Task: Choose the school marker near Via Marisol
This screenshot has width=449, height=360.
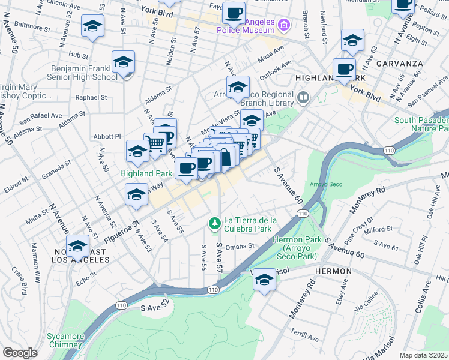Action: (264, 280)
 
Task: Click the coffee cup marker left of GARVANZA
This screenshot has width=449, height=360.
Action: (345, 69)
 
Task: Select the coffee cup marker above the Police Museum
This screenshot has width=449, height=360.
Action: (234, 12)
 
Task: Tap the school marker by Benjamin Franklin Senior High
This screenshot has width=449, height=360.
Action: (124, 62)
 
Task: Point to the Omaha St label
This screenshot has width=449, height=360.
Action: (241, 245)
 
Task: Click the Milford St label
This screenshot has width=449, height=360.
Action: (378, 229)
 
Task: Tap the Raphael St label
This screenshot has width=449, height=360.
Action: (91, 97)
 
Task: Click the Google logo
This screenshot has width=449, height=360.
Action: (20, 353)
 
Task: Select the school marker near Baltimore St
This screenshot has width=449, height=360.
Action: (92, 26)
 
